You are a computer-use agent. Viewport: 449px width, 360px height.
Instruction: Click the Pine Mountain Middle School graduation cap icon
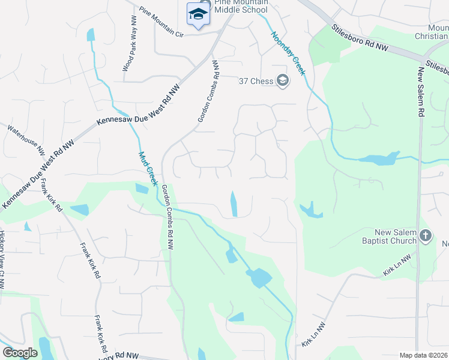(x=198, y=14)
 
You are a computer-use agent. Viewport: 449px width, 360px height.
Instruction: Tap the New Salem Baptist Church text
(x=396, y=236)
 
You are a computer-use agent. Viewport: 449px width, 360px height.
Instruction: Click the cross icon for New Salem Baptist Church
(x=426, y=236)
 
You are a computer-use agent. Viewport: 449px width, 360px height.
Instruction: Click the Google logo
(x=20, y=353)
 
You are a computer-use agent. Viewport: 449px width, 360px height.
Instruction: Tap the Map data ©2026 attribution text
(x=423, y=355)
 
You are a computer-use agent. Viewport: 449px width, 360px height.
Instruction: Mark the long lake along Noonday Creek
(x=378, y=159)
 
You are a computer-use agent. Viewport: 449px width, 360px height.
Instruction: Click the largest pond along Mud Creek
(x=259, y=278)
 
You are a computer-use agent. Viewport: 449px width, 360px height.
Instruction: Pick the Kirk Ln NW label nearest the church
(x=397, y=266)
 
